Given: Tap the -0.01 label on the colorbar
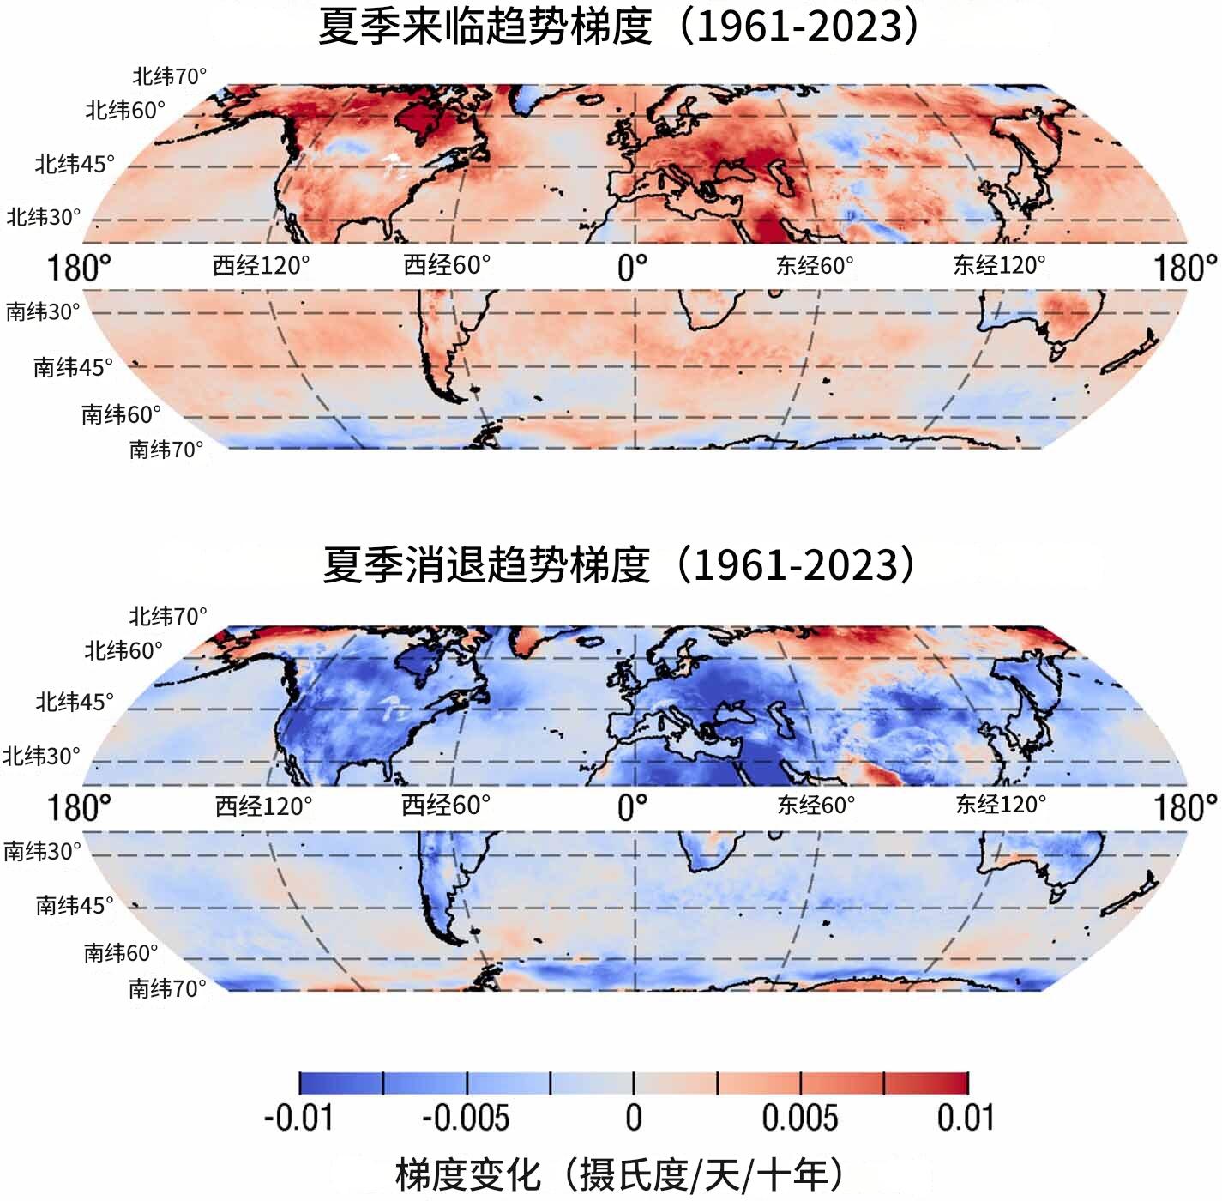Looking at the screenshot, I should pyautogui.click(x=298, y=1118).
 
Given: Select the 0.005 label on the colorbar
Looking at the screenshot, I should pyautogui.click(x=799, y=1118).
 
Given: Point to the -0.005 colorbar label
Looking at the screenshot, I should pyautogui.click(x=466, y=1118).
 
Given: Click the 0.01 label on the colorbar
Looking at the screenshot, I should pyautogui.click(x=966, y=1118).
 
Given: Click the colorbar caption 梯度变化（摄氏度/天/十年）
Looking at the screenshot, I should pyautogui.click(x=619, y=1173).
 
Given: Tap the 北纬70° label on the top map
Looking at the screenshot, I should pyautogui.click(x=169, y=76).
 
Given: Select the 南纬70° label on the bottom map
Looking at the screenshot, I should pyautogui.click(x=167, y=988).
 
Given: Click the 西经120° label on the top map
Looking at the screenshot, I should pyautogui.click(x=262, y=266).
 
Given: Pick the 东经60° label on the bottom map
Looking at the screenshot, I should pyautogui.click(x=816, y=805).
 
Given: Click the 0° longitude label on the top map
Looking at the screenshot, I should pyautogui.click(x=633, y=268).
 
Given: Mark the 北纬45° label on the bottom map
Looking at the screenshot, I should pyautogui.click(x=75, y=702).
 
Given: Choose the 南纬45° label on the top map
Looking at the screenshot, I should pyautogui.click(x=73, y=367).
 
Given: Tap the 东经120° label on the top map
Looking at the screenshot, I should pyautogui.click(x=1000, y=266).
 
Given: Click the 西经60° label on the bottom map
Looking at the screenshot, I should pyautogui.click(x=446, y=806).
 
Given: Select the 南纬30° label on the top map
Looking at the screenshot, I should pyautogui.click(x=43, y=311).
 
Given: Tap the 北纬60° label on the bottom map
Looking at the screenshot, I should pyautogui.click(x=123, y=650).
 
